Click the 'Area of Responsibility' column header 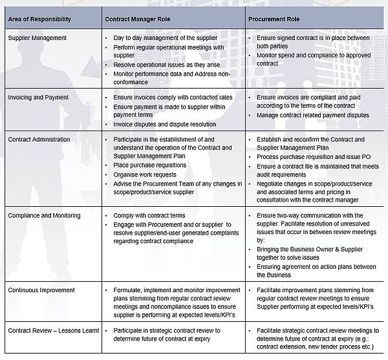[39, 19]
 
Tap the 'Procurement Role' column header [274, 19]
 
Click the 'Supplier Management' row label [36, 38]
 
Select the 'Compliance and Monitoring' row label [43, 215]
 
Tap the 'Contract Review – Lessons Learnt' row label [53, 330]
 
